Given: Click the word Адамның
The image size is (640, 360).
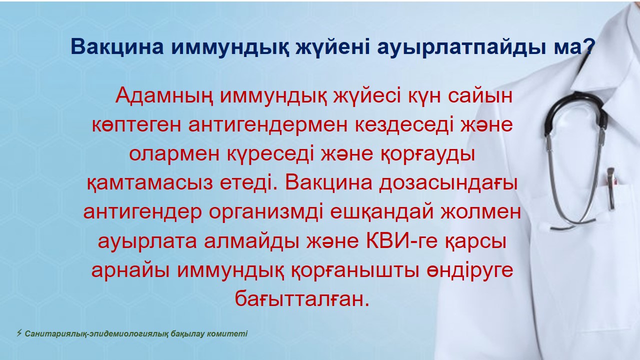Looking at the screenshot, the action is tap(164, 96).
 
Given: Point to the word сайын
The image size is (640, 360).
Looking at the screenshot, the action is tap(479, 96).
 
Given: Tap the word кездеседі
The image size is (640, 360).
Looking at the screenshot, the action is tap(404, 125).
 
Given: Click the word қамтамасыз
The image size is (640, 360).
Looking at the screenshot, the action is tap(149, 183).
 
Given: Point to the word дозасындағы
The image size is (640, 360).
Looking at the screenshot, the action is tap(448, 183).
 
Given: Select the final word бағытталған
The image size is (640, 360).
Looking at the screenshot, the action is tap(302, 299).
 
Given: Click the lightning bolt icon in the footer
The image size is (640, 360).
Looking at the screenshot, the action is tap(19, 333).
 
